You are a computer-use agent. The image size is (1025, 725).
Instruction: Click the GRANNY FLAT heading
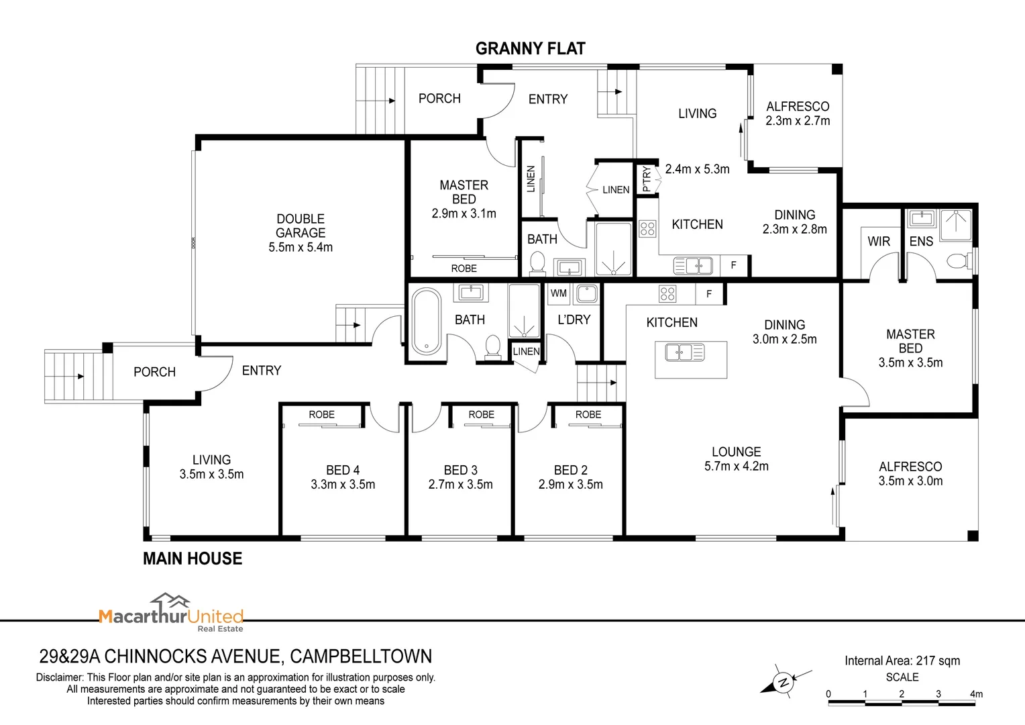(531, 48)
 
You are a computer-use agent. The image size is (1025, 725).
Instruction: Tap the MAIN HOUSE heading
(193, 559)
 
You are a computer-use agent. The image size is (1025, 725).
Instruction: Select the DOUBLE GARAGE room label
(301, 226)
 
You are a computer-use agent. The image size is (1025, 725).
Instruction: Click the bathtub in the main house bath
(426, 322)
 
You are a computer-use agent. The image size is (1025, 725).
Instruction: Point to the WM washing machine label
(558, 293)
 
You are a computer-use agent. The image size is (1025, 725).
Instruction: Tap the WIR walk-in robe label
(879, 242)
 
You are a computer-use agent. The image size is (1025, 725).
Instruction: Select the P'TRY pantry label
(646, 179)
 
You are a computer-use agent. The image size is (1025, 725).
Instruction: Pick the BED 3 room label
(460, 470)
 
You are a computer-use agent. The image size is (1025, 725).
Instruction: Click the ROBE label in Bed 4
(321, 414)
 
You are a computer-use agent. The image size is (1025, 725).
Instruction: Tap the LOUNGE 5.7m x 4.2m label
(737, 459)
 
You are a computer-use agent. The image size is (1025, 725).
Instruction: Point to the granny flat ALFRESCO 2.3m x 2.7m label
(798, 113)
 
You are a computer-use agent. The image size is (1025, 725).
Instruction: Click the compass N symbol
(783, 682)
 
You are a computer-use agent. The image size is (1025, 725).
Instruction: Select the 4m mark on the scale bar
(976, 694)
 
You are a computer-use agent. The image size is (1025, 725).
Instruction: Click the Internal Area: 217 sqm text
(902, 661)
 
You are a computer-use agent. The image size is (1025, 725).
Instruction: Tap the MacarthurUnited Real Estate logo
(171, 613)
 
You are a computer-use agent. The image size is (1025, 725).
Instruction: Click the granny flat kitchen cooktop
(647, 228)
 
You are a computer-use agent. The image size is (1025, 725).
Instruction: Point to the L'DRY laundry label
(574, 320)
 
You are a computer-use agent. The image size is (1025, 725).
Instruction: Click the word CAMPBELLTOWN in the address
(361, 657)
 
